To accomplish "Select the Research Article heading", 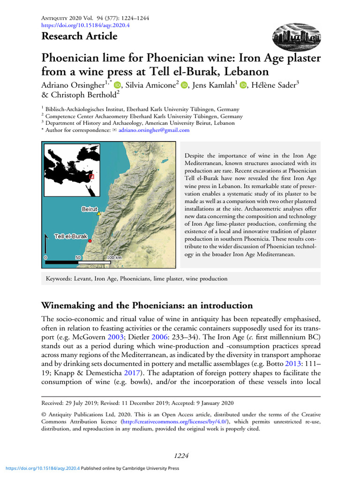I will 80,37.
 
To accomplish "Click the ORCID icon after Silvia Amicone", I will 184,85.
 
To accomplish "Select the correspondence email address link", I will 154,130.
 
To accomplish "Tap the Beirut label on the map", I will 89,209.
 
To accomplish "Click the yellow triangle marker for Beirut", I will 99,214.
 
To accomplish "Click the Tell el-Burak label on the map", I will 71,236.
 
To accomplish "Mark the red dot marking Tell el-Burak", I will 90,241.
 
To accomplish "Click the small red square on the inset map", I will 92,177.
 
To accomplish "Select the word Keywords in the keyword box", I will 58,279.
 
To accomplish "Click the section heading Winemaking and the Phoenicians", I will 147,306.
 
